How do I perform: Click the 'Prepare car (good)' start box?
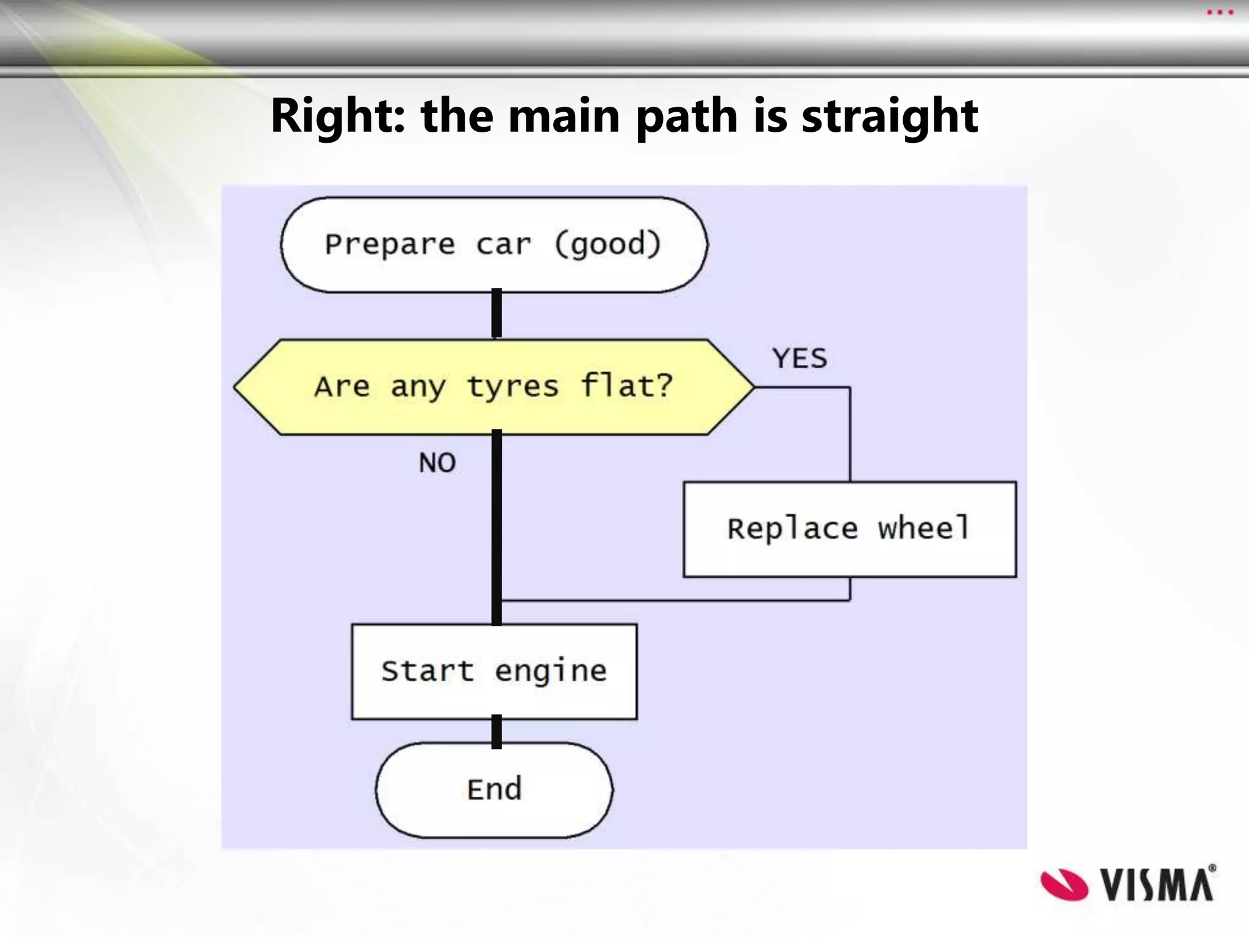click(494, 245)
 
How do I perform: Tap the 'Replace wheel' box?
click(850, 529)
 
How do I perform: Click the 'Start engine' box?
click(494, 671)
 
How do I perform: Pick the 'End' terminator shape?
click(494, 789)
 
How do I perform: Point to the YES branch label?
click(800, 359)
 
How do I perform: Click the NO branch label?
click(437, 463)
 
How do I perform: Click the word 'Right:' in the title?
click(337, 116)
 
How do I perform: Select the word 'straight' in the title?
click(889, 116)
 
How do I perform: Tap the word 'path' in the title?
click(687, 116)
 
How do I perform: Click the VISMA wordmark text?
click(1157, 885)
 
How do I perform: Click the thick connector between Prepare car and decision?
click(497, 313)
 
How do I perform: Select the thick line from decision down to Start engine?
click(497, 525)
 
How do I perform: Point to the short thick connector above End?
click(497, 731)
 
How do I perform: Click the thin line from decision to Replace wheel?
click(850, 433)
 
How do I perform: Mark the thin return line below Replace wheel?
click(671, 601)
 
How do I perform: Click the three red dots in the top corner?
click(1220, 13)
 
